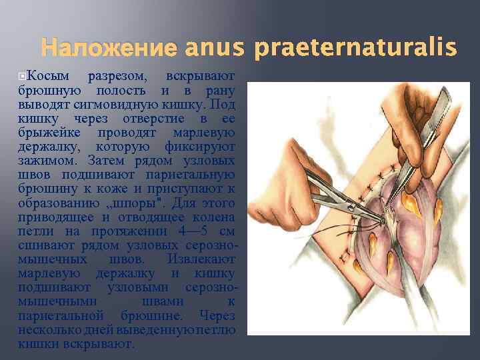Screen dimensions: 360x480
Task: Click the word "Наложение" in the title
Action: click(x=109, y=48)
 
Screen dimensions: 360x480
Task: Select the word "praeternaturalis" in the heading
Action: click(x=353, y=48)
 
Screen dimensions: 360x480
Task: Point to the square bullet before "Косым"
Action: click(x=23, y=75)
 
